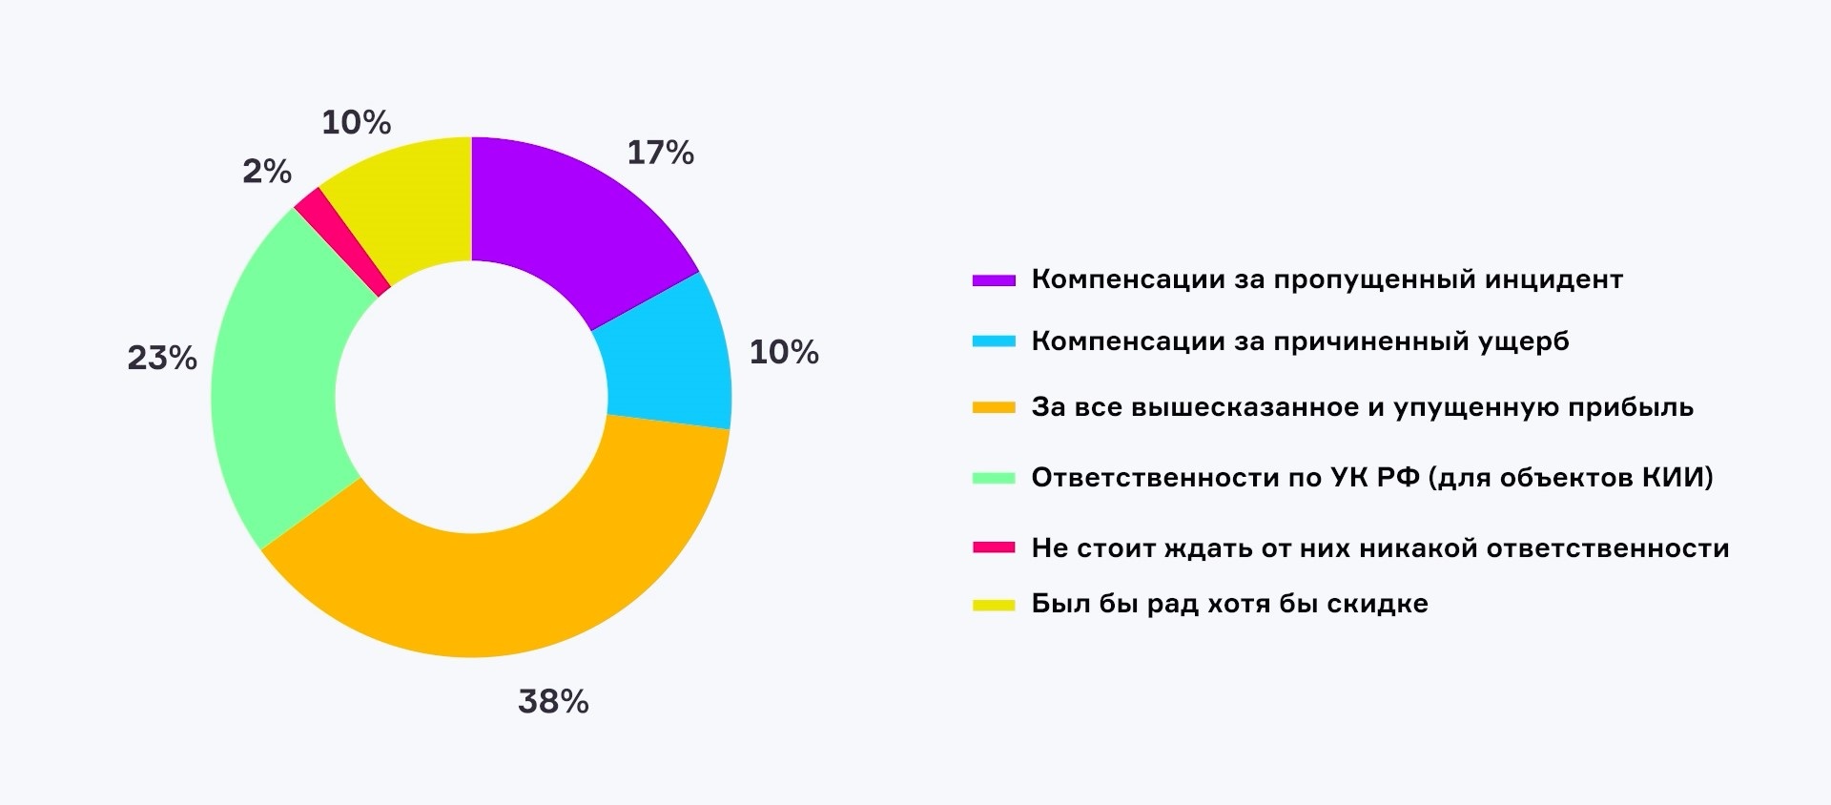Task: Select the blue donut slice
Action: [x=668, y=358]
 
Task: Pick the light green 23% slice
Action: [x=277, y=382]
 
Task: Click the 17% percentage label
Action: [x=660, y=153]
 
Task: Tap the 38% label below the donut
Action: [x=553, y=702]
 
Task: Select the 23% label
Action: [x=162, y=359]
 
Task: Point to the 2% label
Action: [x=267, y=172]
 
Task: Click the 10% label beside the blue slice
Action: [x=784, y=353]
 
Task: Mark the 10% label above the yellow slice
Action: [x=357, y=123]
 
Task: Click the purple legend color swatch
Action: [x=994, y=280]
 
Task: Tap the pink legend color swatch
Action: [x=994, y=548]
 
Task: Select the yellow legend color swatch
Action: [x=994, y=605]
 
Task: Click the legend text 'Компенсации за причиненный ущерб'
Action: [x=1300, y=341]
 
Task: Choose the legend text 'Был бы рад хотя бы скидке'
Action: [x=1229, y=604]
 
